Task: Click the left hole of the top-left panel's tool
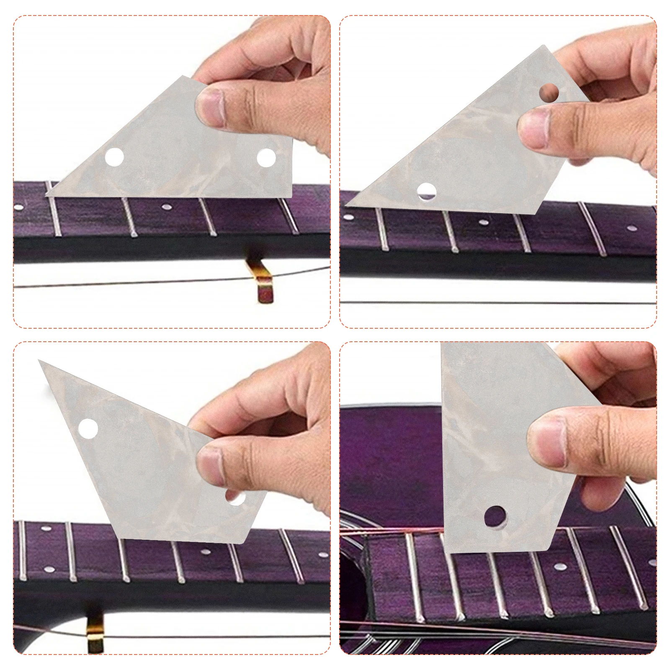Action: click(114, 157)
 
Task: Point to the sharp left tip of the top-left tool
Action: click(47, 195)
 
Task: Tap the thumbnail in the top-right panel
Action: click(533, 128)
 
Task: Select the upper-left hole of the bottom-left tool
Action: click(88, 428)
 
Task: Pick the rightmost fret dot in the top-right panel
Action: click(632, 229)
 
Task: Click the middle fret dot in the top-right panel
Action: click(484, 222)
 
